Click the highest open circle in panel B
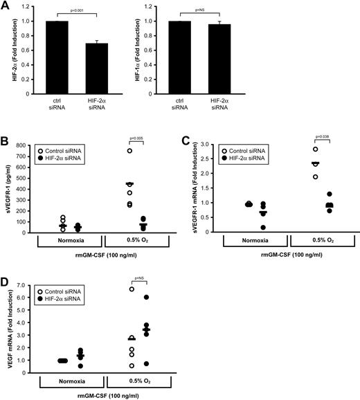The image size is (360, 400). pyautogui.click(x=109, y=151)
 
